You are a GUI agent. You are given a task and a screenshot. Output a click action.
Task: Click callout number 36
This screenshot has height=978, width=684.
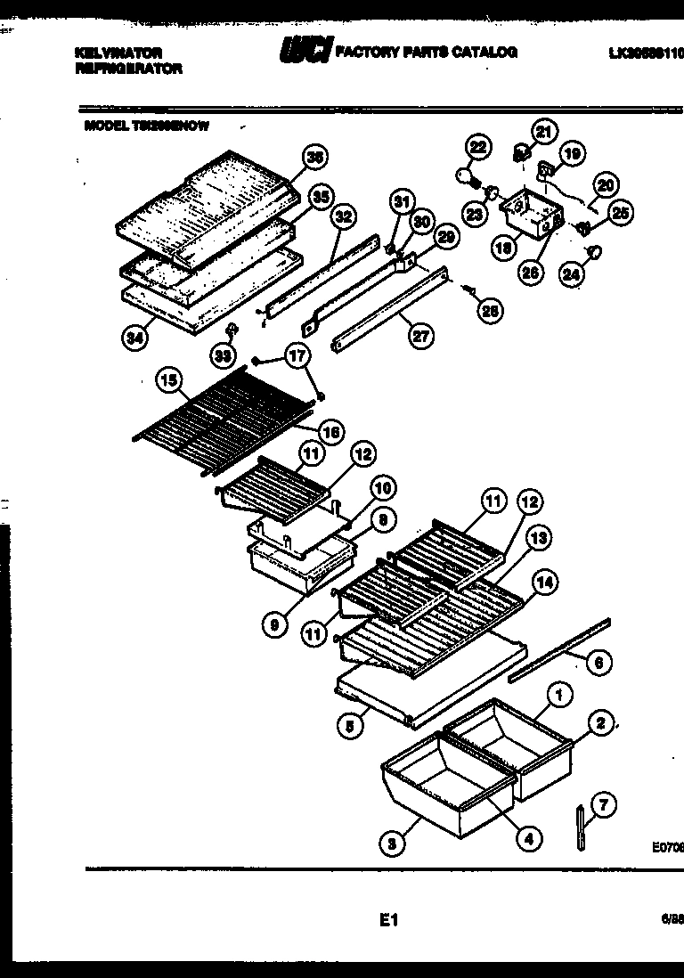(313, 157)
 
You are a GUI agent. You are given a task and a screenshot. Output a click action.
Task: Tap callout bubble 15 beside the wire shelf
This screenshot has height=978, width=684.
(167, 380)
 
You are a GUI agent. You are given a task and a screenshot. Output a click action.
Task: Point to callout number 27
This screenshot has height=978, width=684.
(419, 337)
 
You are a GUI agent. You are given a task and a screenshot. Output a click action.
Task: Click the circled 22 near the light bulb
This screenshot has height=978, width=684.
(478, 146)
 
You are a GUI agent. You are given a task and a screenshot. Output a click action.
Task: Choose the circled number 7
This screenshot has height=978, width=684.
(603, 806)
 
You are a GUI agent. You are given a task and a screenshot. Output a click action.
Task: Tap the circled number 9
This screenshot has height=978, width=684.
(275, 626)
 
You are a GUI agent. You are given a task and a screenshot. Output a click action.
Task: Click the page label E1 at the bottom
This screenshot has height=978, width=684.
(387, 922)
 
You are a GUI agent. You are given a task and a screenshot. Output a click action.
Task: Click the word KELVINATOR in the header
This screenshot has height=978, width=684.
(118, 53)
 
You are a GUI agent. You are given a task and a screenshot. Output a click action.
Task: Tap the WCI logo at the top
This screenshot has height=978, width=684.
(305, 52)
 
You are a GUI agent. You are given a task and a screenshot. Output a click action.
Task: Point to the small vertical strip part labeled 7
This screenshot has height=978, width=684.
(581, 826)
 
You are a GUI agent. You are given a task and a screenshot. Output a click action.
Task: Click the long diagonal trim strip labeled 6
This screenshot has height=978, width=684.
(559, 648)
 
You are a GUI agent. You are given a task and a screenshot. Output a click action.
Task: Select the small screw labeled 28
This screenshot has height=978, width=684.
(468, 289)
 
